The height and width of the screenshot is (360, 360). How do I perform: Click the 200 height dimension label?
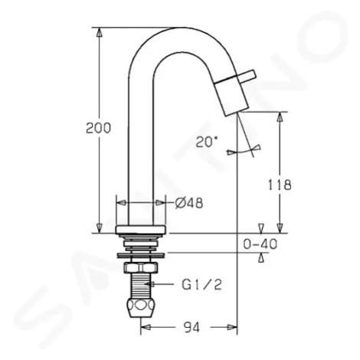click(x=98, y=128)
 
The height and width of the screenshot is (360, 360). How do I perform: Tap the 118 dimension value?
click(x=280, y=185)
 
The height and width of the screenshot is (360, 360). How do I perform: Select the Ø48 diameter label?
click(x=189, y=204)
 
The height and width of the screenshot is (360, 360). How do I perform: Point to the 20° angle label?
click(x=207, y=142)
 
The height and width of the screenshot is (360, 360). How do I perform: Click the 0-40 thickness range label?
click(x=260, y=244)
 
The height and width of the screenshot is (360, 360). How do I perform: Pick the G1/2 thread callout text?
click(x=201, y=285)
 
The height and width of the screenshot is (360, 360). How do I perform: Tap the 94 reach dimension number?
click(x=192, y=328)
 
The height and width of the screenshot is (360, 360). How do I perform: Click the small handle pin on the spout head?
click(x=247, y=75)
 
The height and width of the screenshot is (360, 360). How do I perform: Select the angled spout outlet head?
click(x=232, y=98)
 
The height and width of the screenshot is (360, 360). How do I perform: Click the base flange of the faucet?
click(x=141, y=230)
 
